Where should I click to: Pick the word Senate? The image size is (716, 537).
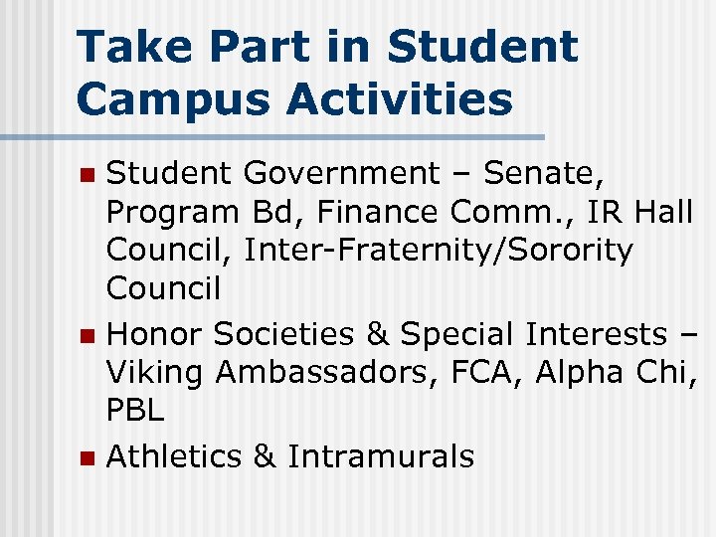click(543, 174)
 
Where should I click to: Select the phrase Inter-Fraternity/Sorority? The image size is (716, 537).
click(439, 251)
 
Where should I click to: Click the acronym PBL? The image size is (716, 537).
click(135, 410)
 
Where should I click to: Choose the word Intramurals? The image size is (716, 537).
click(381, 456)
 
